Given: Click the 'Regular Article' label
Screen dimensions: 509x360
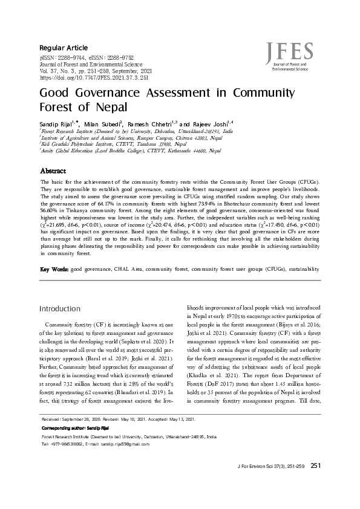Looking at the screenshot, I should click(64, 48).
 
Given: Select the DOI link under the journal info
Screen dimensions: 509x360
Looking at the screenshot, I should click(94, 78).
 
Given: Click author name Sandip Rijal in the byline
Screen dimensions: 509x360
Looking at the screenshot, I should click(54, 123).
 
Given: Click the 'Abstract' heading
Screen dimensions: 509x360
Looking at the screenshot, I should click(53, 172).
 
